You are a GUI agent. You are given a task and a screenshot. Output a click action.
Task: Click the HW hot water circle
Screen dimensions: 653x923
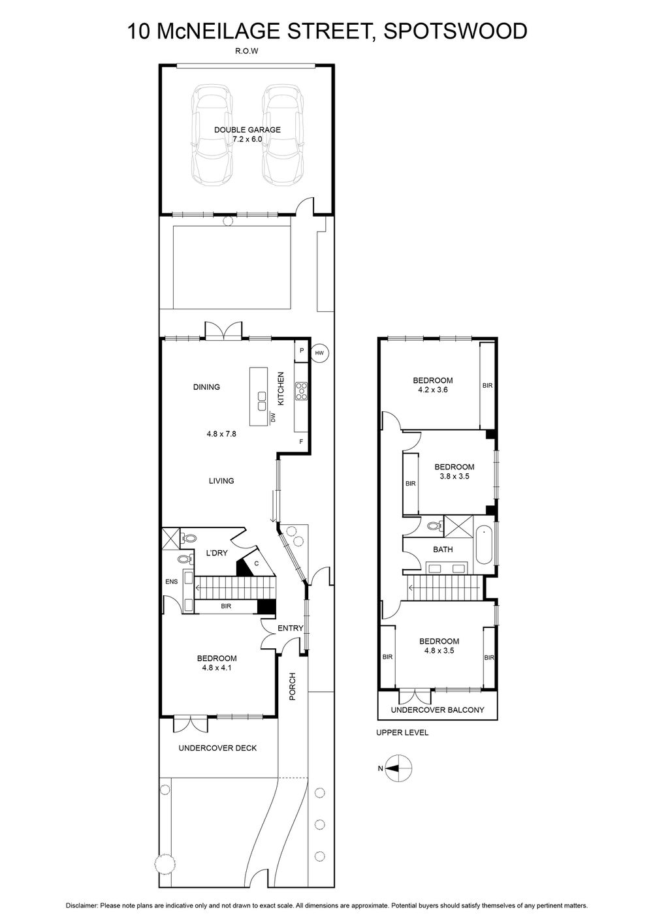[319, 352]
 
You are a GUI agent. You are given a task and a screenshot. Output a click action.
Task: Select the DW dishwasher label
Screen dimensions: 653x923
[272, 418]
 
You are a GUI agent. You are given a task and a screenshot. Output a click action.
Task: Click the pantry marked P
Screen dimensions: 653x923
[302, 351]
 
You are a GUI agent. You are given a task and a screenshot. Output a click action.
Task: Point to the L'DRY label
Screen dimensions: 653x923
[217, 553]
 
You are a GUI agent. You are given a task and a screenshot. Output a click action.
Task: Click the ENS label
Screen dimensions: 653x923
[172, 582]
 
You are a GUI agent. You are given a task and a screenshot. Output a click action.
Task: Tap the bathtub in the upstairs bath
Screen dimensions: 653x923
[485, 546]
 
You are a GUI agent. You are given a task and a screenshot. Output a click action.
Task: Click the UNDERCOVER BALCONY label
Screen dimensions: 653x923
[438, 710]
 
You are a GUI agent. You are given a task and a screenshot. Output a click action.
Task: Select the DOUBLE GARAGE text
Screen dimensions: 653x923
[247, 130]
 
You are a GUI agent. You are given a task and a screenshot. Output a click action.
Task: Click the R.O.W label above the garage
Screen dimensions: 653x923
[247, 52]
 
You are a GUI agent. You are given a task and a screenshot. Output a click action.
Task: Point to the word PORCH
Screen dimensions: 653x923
[293, 687]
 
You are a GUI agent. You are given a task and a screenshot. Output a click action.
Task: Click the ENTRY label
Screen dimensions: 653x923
[290, 628]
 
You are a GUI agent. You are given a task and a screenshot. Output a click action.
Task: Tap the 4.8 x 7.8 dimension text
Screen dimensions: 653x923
[221, 433]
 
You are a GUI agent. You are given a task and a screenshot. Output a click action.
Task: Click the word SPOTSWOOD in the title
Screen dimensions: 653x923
[456, 31]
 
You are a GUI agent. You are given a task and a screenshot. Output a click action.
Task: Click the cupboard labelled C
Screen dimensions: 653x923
[256, 563]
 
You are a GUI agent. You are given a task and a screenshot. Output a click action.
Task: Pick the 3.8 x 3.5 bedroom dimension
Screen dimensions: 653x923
[454, 477]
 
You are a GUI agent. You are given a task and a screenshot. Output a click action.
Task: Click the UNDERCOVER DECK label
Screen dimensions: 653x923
[217, 748]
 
